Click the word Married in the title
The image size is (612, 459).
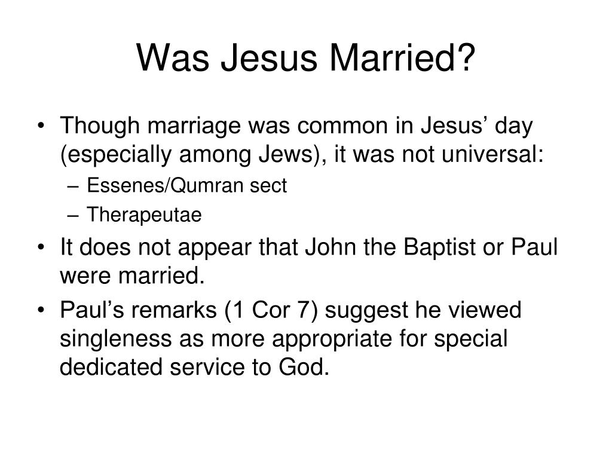(392, 57)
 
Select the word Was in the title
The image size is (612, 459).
(173, 57)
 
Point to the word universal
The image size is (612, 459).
(492, 154)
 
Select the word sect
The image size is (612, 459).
(268, 186)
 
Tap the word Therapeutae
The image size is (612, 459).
(144, 215)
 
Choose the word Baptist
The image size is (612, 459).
(439, 247)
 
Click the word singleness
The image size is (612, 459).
(115, 339)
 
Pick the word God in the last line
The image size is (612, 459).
(304, 368)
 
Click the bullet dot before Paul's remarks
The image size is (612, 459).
(41, 310)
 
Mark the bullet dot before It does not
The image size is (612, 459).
(41, 247)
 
